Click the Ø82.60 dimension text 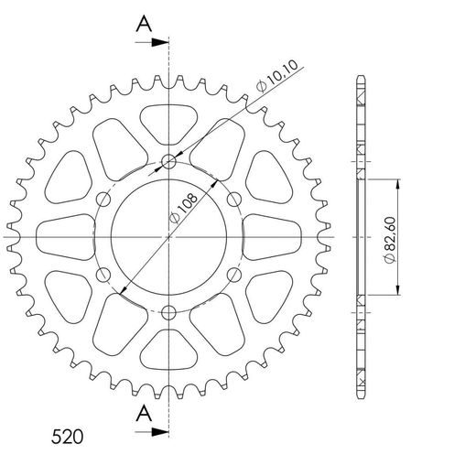coord(390,238)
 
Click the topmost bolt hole coord(169,163)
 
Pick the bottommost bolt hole coord(169,312)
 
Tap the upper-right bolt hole coord(233,200)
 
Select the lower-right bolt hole coord(233,275)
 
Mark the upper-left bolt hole coord(104,200)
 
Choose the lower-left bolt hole coord(104,275)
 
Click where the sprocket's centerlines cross coord(169,237)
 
